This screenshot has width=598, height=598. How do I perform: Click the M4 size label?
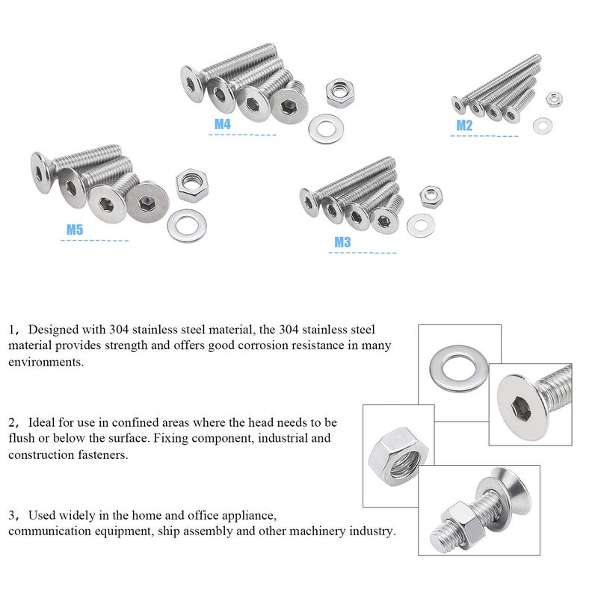222,124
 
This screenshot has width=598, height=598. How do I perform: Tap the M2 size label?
464,126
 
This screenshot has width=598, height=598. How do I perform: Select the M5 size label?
74,229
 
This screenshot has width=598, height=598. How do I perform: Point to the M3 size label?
342,242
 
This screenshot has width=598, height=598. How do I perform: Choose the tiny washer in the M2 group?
542,125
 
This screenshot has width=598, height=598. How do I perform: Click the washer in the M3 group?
419,225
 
